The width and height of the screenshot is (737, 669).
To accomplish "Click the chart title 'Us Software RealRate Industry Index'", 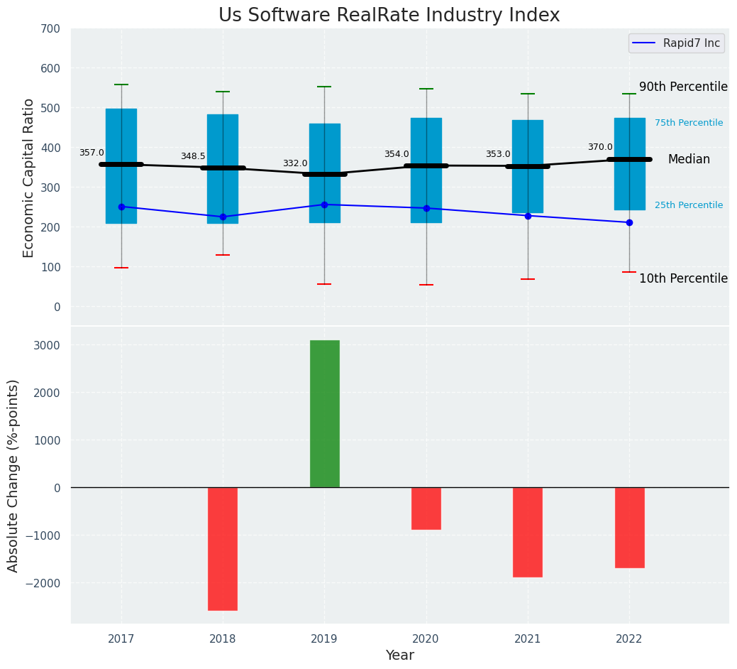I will [x=389, y=16].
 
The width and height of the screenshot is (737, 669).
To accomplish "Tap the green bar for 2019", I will [x=324, y=413].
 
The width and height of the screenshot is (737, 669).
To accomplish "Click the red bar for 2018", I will [x=223, y=548].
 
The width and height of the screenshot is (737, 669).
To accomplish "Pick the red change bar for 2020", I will [x=426, y=508].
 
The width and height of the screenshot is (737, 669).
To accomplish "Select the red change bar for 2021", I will [x=528, y=531].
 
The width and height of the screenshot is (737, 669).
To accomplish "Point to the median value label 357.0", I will [x=92, y=153].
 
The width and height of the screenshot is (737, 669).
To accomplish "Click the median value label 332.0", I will [x=295, y=163].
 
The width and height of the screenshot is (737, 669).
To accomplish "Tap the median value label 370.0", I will [x=600, y=147].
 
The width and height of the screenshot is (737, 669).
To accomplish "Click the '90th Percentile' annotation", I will [x=683, y=87].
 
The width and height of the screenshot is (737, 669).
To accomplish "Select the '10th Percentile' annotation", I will [x=683, y=278].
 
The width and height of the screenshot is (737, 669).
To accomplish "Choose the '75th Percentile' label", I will [x=688, y=123].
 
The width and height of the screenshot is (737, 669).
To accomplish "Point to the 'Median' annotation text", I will [x=689, y=160].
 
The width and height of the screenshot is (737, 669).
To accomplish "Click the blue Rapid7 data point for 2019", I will [x=324, y=205].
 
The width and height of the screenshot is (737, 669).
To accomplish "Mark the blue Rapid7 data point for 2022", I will [x=629, y=222].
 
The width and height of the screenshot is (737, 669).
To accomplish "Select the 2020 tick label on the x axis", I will [x=426, y=639].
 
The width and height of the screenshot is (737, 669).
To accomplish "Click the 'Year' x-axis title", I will [x=399, y=656].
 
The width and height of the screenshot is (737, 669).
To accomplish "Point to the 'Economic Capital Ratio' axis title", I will [x=29, y=178].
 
